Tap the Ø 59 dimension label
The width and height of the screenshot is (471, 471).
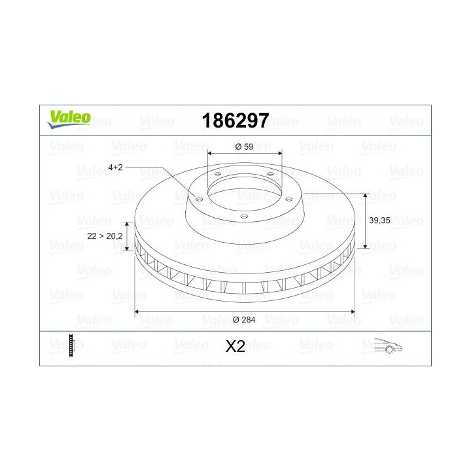tap(243, 147)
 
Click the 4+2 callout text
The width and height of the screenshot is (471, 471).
tap(115, 167)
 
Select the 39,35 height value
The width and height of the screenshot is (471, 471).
tap(379, 221)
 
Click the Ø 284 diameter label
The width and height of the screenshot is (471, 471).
tap(244, 319)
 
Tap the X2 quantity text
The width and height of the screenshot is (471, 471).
tap(235, 347)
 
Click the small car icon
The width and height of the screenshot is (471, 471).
tap(387, 346)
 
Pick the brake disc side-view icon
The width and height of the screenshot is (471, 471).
tap(72, 345)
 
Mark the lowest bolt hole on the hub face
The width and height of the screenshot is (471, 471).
tap(243, 217)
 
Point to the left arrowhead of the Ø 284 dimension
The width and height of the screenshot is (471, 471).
tap(137, 311)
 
